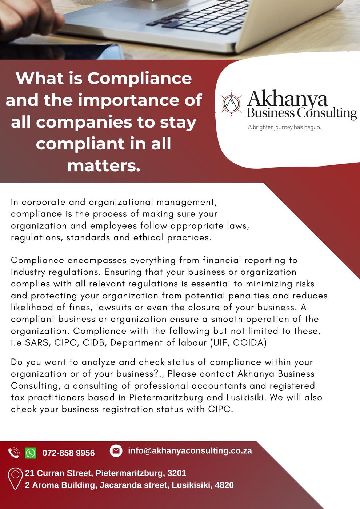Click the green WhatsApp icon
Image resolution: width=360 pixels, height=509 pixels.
[31, 453]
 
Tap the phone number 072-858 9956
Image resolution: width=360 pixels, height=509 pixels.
[68, 453]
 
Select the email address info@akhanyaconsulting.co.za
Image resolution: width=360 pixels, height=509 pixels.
[190, 450]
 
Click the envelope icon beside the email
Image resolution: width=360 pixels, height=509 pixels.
[116, 450]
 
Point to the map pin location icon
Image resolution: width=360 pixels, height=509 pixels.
[15, 478]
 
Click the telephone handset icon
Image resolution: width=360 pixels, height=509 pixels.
[14, 453]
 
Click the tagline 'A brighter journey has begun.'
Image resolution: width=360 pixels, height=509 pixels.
[284, 127]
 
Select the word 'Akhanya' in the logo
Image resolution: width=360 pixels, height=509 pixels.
[287, 99]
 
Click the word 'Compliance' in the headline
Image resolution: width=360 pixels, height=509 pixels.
[139, 78]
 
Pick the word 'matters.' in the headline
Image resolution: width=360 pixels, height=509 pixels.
[104, 165]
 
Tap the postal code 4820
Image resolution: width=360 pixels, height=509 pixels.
[224, 485]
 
